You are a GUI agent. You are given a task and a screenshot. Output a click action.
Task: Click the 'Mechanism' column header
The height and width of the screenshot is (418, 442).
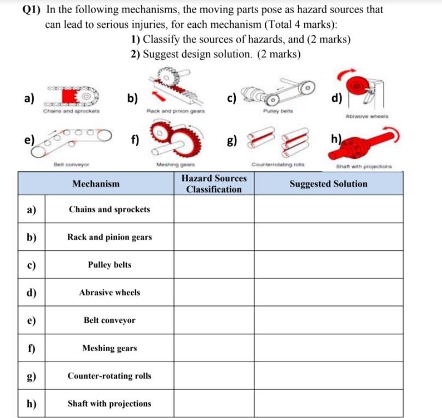[96, 184]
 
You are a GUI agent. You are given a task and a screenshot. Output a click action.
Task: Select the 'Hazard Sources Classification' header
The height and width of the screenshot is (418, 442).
[213, 184]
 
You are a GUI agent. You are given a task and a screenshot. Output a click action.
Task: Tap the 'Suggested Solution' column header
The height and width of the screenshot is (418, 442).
[328, 184]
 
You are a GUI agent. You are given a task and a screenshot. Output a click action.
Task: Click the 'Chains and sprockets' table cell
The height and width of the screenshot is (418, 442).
[109, 209]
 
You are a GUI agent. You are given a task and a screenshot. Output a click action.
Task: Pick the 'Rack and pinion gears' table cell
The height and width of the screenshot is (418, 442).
[109, 237]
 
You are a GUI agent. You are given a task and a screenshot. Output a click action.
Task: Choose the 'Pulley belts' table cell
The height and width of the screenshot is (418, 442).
[109, 265]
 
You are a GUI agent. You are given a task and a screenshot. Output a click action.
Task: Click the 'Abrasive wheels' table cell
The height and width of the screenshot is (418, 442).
[109, 292]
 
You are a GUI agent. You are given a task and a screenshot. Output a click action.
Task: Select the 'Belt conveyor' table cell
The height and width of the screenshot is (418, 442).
[109, 320]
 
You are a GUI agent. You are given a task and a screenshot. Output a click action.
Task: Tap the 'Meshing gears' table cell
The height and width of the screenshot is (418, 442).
[109, 348]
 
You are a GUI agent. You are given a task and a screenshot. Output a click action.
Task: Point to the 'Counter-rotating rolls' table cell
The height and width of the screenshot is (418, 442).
[109, 376]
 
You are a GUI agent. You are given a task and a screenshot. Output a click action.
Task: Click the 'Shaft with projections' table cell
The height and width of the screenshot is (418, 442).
[109, 404]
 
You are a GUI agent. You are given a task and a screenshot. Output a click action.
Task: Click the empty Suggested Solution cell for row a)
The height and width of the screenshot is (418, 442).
[328, 209]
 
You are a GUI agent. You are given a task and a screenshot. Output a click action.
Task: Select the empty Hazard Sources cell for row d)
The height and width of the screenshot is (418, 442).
[213, 292]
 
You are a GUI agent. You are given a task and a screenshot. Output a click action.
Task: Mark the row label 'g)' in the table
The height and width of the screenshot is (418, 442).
[31, 376]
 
